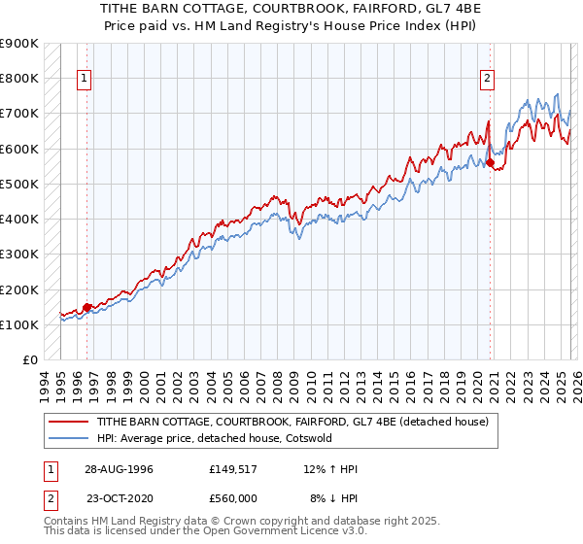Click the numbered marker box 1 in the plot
tap(86, 80)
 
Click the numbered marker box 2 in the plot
tap(487, 80)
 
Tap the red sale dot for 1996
tap(87, 307)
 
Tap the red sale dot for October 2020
tap(490, 162)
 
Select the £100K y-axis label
tap(19, 324)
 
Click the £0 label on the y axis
tap(30, 359)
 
